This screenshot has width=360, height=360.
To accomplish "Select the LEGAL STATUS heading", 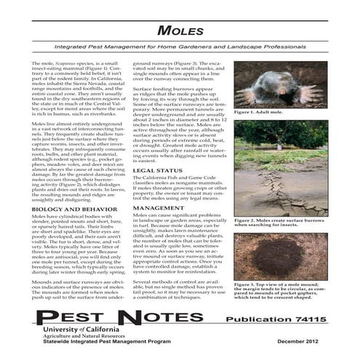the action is click(158, 170).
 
